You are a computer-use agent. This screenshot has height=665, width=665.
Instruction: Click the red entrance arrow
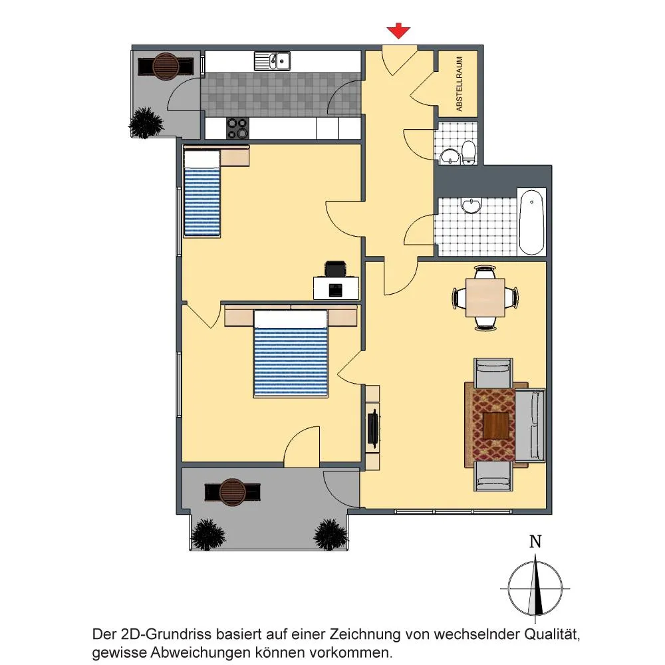[398, 32]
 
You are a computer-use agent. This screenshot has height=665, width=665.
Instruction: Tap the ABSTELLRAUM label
[459, 84]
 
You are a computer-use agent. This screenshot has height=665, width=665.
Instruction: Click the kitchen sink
[272, 61]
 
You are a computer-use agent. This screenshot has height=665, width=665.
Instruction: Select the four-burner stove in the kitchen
[237, 128]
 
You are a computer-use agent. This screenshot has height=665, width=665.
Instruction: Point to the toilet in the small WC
[469, 152]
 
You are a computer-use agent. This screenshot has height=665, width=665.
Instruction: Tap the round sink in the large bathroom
[471, 205]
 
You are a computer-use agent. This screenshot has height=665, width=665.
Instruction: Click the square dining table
[485, 297]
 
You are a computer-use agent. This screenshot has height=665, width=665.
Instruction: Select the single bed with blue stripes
[202, 194]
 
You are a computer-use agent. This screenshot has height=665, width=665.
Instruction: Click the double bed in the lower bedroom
[291, 354]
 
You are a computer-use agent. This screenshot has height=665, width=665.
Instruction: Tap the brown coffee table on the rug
[496, 426]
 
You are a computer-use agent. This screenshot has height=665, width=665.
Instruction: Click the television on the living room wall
[373, 428]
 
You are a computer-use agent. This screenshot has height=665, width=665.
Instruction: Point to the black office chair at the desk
[336, 269]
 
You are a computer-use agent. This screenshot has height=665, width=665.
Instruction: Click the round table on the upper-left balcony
[166, 66]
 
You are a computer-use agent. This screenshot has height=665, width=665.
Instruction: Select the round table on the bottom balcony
[232, 492]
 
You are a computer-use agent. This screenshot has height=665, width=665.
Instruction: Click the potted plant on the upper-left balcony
[146, 122]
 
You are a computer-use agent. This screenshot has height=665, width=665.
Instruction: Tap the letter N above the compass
[535, 541]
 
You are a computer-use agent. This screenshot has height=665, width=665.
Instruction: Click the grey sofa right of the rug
[530, 426]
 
